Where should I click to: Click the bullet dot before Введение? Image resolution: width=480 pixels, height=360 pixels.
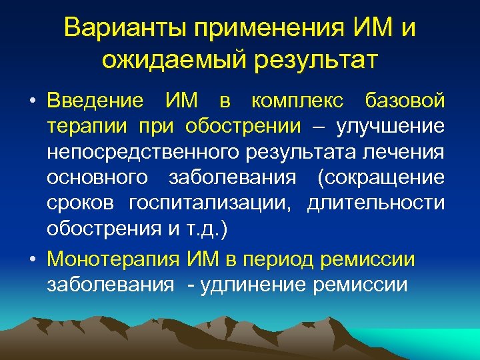click(33, 102)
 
